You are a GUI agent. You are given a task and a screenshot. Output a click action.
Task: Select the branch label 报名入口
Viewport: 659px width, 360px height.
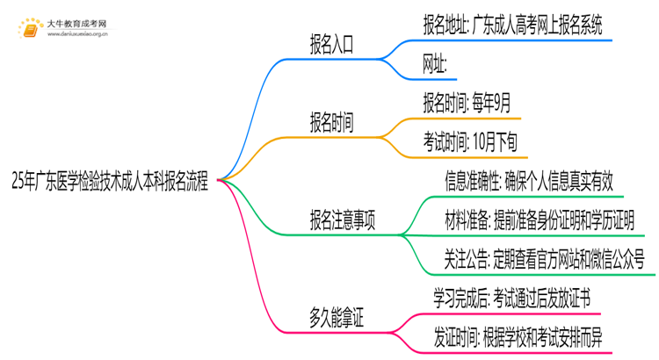click(x=332, y=47)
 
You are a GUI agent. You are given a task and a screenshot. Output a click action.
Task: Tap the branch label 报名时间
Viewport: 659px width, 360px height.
click(x=332, y=124)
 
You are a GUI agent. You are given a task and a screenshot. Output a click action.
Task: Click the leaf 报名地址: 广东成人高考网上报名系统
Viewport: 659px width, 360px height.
click(x=512, y=25)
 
